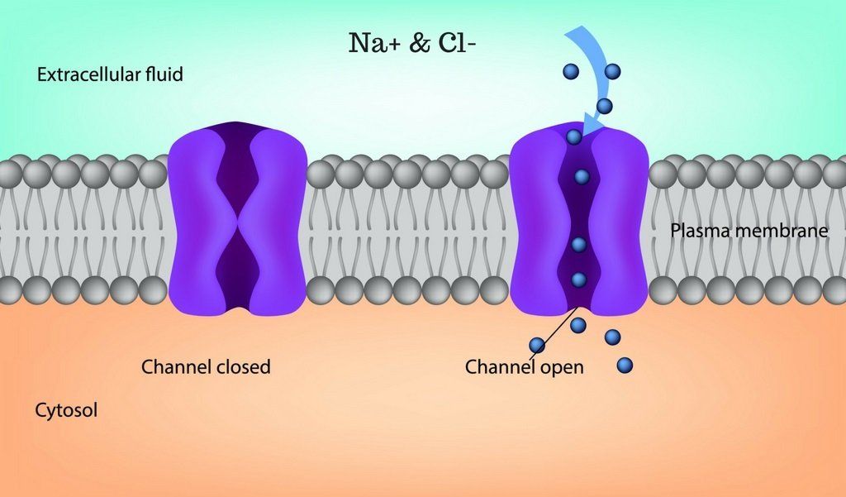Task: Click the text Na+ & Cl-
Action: pyautogui.click(x=412, y=43)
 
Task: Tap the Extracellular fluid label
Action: pyautogui.click(x=110, y=74)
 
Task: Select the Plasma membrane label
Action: pyautogui.click(x=749, y=231)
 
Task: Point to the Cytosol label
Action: pyautogui.click(x=66, y=410)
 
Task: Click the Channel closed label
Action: pyautogui.click(x=206, y=367)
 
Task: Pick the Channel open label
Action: pyautogui.click(x=525, y=367)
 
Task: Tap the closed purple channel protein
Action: pyautogui.click(x=237, y=218)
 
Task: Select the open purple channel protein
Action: pyautogui.click(x=578, y=219)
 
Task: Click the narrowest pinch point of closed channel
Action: pyautogui.click(x=238, y=219)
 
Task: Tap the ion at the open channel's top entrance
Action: pyautogui.click(x=574, y=136)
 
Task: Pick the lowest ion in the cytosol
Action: pyautogui.click(x=625, y=366)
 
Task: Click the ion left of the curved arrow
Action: pyautogui.click(x=571, y=71)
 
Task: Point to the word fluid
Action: pyautogui.click(x=164, y=74)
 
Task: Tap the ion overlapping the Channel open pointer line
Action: pyautogui.click(x=537, y=345)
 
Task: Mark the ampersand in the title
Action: pyautogui.click(x=420, y=43)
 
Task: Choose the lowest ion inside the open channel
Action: pyautogui.click(x=579, y=280)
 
